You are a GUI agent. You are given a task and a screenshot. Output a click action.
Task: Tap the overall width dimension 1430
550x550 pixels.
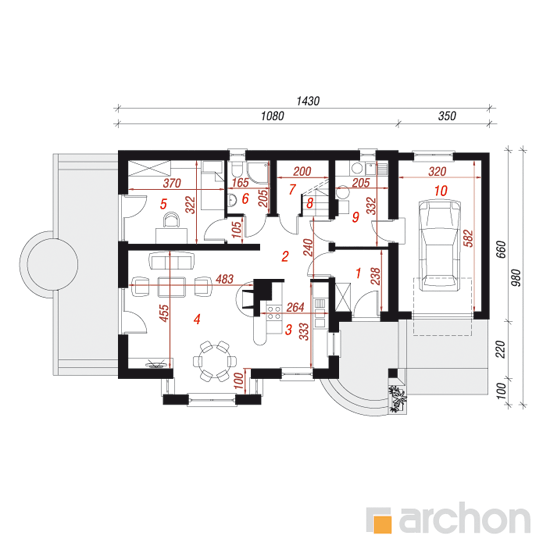pyautogui.click(x=308, y=101)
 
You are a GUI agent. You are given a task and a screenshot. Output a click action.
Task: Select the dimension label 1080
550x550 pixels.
pyautogui.click(x=272, y=116)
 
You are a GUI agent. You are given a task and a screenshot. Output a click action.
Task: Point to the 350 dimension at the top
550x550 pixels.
pyautogui.click(x=447, y=116)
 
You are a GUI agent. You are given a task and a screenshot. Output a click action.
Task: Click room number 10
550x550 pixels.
pyautogui.click(x=441, y=191)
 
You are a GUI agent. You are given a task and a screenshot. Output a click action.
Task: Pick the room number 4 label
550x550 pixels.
pyautogui.click(x=197, y=319)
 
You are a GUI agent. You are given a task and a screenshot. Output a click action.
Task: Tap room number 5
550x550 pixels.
pyautogui.click(x=163, y=204)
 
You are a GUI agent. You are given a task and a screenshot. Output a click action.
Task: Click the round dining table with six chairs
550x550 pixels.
pyautogui.click(x=215, y=361)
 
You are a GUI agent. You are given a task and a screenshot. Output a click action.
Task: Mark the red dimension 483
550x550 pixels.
pyautogui.click(x=224, y=279)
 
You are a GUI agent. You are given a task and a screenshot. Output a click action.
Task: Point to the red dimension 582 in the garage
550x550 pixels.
pyautogui.click(x=469, y=239)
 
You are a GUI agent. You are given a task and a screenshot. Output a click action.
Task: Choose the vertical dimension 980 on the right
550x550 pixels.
pyautogui.click(x=516, y=278)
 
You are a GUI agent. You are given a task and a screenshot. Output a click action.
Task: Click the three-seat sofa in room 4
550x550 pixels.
pyautogui.click(x=172, y=261)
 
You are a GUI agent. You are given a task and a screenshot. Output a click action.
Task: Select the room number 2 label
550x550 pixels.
pyautogui.click(x=285, y=256)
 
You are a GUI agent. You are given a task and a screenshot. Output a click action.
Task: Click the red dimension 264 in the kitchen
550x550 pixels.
pyautogui.click(x=295, y=307)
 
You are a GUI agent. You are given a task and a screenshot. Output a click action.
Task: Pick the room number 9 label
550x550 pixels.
pyautogui.click(x=356, y=217)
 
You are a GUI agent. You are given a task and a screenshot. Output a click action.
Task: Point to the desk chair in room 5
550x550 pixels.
pyautogui.click(x=172, y=220)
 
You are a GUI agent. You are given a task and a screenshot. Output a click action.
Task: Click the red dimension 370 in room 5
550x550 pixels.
pyautogui.click(x=172, y=183)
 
